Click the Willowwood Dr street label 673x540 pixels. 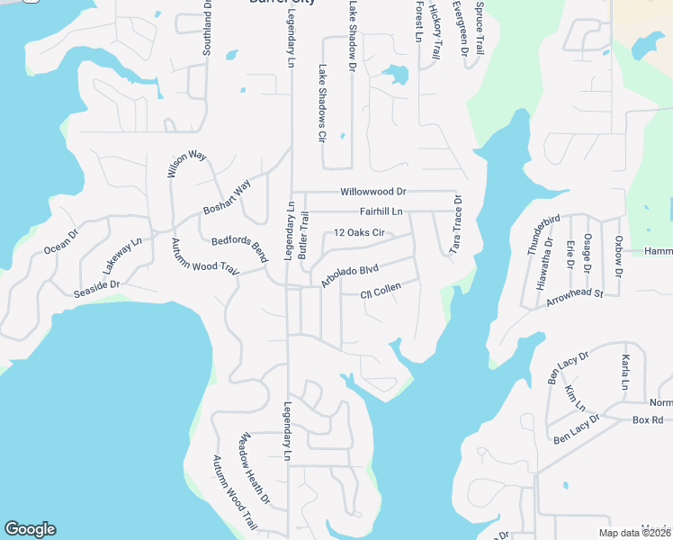[x=373, y=192]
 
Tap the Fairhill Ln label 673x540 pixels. [x=381, y=211]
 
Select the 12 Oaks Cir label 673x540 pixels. [x=359, y=233]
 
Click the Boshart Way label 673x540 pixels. [x=227, y=198]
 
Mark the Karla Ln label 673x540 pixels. [x=624, y=372]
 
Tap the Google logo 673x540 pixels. [x=30, y=529]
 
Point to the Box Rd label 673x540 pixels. [x=647, y=420]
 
